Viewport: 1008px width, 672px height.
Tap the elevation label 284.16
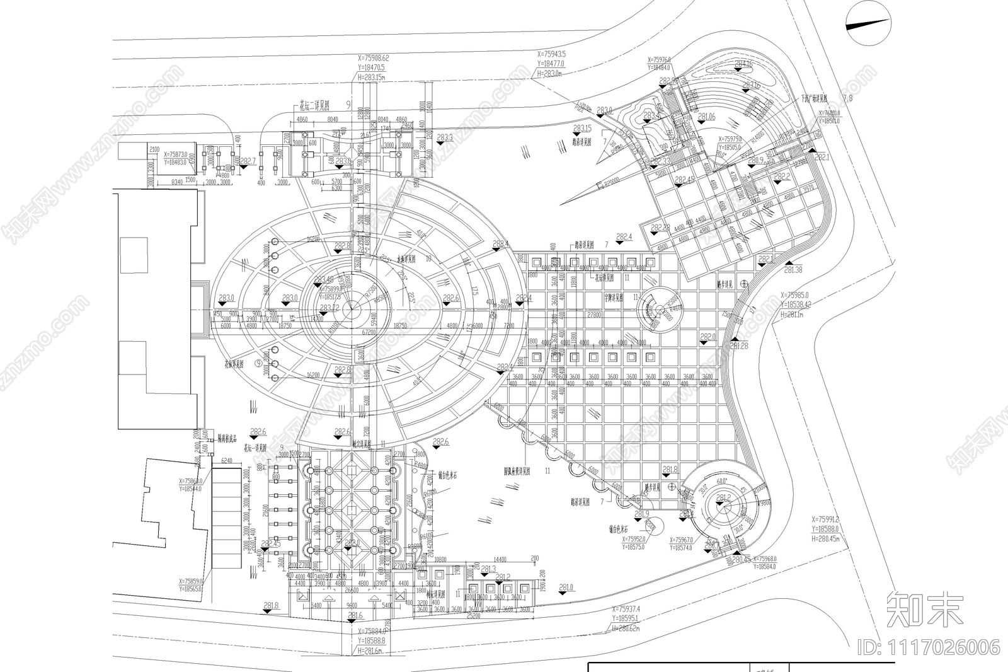(743, 64)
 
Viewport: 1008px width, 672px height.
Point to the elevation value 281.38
(793, 270)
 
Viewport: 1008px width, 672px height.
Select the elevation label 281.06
(706, 117)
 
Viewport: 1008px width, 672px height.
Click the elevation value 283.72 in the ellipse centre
(329, 308)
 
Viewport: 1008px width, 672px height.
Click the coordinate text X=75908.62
(374, 58)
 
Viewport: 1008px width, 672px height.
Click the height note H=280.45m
(825, 539)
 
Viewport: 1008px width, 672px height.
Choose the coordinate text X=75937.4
(626, 610)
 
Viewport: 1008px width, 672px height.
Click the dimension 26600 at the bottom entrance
(351, 591)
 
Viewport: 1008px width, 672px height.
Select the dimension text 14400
(500, 559)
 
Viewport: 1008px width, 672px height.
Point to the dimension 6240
(227, 461)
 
